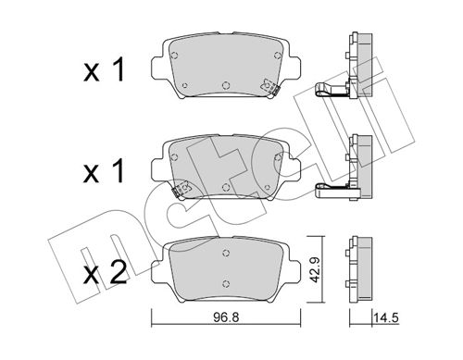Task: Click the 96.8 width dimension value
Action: [x=226, y=317]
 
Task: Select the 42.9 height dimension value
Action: [x=315, y=269]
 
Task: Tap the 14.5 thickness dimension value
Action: [x=386, y=317]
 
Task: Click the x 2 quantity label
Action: [x=105, y=273]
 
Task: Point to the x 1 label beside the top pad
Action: [x=104, y=70]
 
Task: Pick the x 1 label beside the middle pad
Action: [x=104, y=171]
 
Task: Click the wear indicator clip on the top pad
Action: [x=270, y=87]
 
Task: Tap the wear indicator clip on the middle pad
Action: [x=181, y=189]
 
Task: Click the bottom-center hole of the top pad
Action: [x=226, y=84]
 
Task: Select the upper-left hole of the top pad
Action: [x=174, y=56]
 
